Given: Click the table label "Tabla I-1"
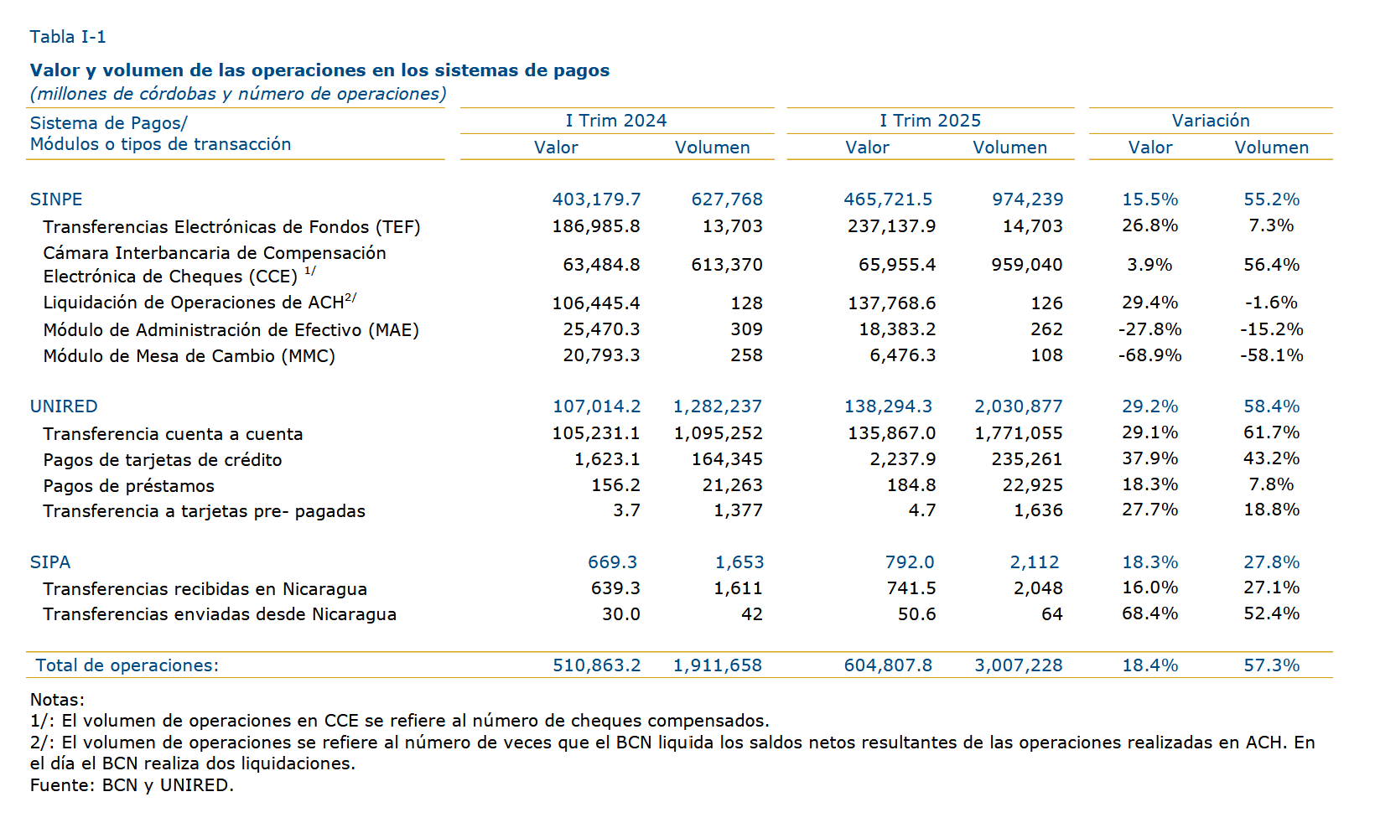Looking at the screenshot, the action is (x=68, y=37).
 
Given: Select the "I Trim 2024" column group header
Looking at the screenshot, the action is (x=616, y=121).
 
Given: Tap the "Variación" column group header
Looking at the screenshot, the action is (x=1211, y=121).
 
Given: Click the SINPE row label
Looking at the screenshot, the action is (x=56, y=199).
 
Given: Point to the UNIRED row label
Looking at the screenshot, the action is (x=64, y=406).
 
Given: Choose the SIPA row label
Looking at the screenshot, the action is (x=50, y=562).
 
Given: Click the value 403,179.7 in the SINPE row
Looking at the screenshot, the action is (x=596, y=199).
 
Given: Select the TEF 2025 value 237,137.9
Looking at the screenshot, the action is (x=892, y=226).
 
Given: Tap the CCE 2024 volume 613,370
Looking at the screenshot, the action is (x=727, y=265).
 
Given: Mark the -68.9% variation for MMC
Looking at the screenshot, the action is (x=1149, y=355).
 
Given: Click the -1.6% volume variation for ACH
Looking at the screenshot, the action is (x=1271, y=303).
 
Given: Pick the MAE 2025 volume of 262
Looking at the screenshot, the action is (x=1046, y=329).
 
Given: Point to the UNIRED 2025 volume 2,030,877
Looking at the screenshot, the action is (x=1019, y=406).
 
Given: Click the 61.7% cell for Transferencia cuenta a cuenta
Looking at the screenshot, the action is (x=1271, y=432).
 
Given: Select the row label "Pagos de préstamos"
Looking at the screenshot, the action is (x=129, y=486).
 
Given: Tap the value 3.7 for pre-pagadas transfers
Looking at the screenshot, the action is (x=627, y=510).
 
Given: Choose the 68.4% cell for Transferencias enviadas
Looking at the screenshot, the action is (x=1149, y=613).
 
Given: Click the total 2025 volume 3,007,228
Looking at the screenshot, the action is (x=1019, y=665).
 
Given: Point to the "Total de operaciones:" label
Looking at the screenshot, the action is (x=127, y=665).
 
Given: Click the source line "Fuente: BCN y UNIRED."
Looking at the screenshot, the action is (x=132, y=785).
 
